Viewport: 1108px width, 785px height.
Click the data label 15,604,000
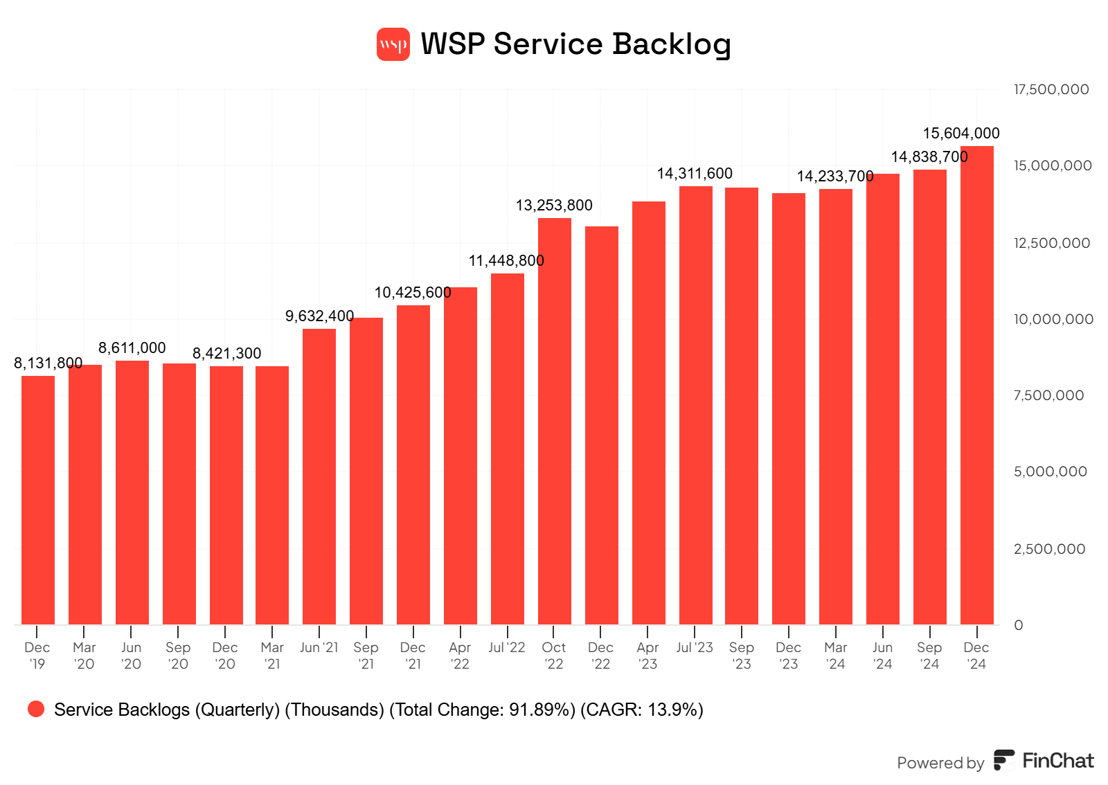[x=961, y=133]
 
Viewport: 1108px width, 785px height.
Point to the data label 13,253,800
[x=554, y=205]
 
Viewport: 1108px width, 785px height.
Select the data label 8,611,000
[x=132, y=348]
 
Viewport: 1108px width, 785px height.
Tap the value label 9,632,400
[x=319, y=316]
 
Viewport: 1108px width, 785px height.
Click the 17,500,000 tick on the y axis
[x=1051, y=89]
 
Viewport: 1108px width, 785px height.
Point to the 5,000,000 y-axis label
[x=1050, y=471]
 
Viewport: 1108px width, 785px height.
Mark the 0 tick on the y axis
[x=1018, y=625]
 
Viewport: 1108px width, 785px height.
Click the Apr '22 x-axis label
[x=460, y=656]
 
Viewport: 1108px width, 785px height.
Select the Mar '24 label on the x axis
[x=836, y=656]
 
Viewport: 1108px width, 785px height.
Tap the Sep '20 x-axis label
[x=178, y=656]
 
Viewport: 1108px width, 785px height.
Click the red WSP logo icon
[x=393, y=44]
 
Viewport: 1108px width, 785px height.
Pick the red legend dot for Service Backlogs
[x=36, y=709]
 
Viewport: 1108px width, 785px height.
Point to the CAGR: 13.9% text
[x=642, y=710]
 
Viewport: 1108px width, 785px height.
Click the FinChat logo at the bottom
[x=1044, y=761]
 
